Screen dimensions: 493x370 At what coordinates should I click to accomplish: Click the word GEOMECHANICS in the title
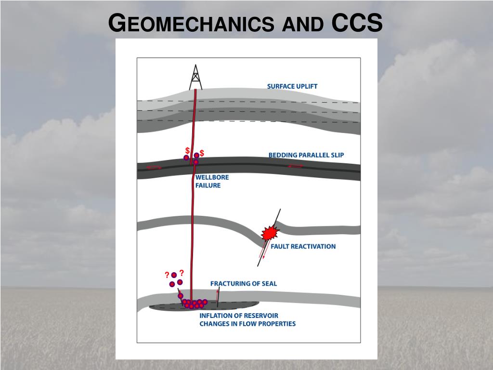[190, 24]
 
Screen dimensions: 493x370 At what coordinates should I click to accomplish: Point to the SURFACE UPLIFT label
[292, 87]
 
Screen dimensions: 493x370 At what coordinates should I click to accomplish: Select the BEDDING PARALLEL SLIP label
[306, 155]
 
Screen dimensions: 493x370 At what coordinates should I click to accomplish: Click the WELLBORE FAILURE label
[212, 182]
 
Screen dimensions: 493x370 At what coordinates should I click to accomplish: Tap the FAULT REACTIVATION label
[303, 246]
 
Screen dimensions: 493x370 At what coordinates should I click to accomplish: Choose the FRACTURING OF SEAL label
[244, 284]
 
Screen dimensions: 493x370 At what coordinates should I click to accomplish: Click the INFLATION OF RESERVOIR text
[239, 316]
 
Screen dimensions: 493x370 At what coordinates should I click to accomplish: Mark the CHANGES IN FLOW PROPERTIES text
[247, 324]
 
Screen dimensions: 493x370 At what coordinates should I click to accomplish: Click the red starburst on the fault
[270, 233]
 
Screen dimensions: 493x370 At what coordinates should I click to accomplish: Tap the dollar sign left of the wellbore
[187, 151]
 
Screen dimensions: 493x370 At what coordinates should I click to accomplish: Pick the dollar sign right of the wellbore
[202, 153]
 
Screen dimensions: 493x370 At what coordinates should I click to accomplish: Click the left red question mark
[167, 276]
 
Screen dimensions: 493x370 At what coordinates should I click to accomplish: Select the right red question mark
[182, 273]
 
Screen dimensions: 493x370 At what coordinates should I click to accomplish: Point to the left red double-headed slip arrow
[154, 168]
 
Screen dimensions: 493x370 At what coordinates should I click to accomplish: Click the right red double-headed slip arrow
[295, 166]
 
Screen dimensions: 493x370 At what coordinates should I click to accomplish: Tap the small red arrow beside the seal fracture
[217, 292]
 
